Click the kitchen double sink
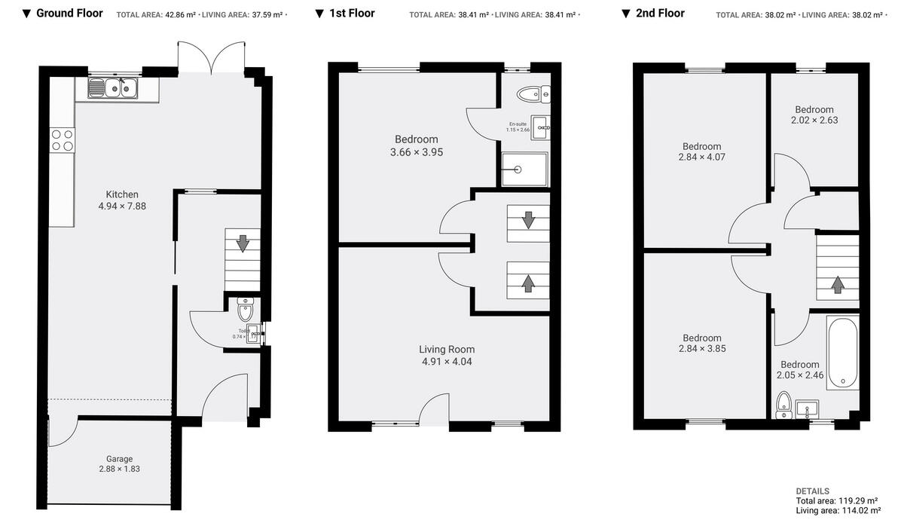113,89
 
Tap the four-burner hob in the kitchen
63,140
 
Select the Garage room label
119,463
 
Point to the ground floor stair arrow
243,243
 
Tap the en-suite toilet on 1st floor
533,93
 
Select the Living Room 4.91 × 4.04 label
447,355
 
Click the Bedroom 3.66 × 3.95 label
416,145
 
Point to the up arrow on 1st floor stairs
528,283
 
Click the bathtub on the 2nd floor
841,353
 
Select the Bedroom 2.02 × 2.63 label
814,115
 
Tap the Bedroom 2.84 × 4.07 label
701,151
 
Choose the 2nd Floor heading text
660,14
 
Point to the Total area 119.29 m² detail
836,500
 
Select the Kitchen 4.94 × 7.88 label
122,200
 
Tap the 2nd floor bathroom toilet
783,404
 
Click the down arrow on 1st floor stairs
528,220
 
